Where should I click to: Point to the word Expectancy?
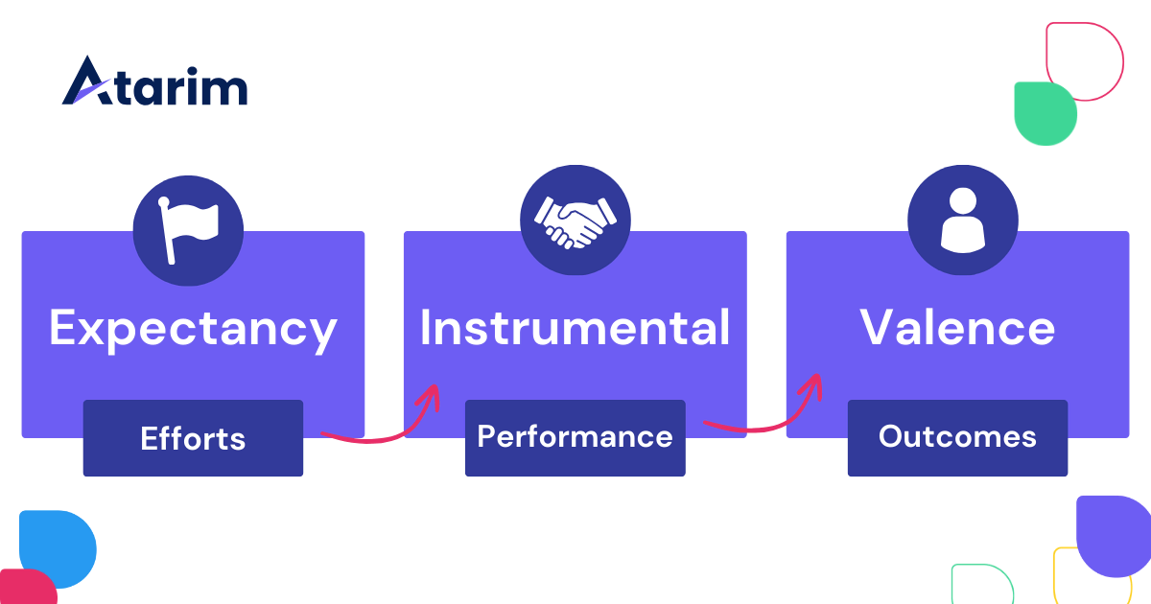tap(193, 328)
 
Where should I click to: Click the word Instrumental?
tap(575, 328)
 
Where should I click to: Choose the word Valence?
tap(957, 328)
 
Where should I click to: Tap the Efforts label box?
tap(193, 439)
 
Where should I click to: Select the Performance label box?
tap(575, 437)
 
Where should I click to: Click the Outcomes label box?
tap(957, 437)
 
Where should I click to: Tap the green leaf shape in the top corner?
tap(1045, 114)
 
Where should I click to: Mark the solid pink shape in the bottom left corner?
tap(24, 587)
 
